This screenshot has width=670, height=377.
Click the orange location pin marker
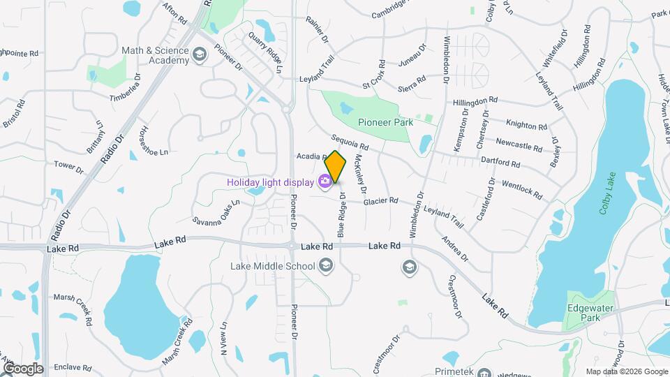click(x=336, y=166)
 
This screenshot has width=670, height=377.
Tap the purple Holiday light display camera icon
click(x=325, y=182)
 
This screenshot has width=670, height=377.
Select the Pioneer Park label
click(x=385, y=122)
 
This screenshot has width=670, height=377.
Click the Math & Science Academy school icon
click(x=200, y=55)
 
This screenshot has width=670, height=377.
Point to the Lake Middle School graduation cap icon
click(x=325, y=265)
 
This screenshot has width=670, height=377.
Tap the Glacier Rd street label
click(x=380, y=201)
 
